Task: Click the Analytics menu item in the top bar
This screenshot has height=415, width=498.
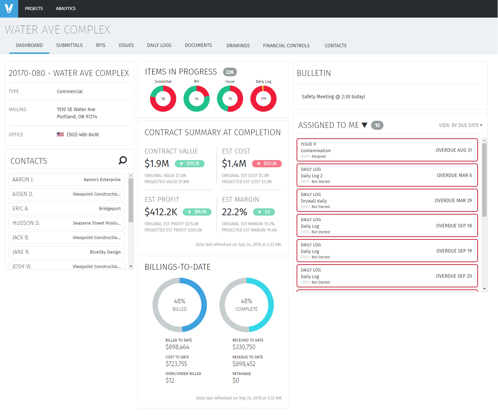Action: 66,9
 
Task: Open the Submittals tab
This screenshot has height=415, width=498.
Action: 69,45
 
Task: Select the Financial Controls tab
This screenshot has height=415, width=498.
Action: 286,46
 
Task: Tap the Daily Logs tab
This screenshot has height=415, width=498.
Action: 159,45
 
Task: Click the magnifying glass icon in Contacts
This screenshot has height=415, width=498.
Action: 123,160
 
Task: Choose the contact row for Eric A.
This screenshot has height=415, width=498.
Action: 67,209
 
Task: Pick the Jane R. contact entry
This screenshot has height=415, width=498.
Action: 67,252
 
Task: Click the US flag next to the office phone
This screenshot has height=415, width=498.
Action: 60,135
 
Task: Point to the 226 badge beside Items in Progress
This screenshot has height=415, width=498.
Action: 230,72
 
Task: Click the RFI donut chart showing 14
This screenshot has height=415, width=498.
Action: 197,99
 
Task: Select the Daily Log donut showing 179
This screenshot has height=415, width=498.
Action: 263,99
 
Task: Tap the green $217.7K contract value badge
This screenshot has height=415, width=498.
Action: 190,164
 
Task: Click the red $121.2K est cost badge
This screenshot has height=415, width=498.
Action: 267,164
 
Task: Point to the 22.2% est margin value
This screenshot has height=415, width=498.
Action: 235,212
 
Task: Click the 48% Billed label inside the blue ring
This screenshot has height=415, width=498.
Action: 180,305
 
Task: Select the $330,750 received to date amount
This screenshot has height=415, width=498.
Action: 244,347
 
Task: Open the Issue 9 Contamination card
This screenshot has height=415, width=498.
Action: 387,150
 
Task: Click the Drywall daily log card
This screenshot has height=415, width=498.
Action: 387,200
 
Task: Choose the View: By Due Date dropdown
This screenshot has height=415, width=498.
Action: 460,125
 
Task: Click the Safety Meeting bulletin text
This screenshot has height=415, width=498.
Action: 333,97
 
